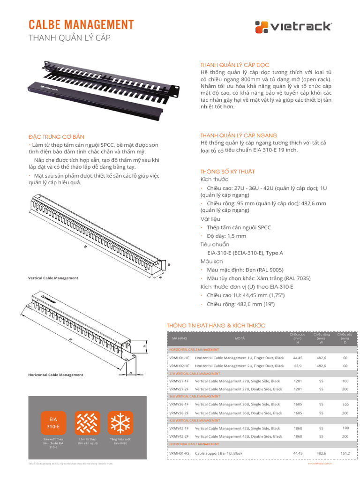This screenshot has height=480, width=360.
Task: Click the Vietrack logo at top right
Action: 293,26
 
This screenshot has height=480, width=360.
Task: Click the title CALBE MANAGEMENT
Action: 81,25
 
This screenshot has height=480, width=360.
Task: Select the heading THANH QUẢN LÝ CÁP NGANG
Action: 239,135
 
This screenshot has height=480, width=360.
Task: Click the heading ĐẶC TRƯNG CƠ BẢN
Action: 56,137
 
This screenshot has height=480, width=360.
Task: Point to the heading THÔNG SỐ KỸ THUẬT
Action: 227,172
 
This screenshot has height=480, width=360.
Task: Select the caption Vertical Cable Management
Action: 53,278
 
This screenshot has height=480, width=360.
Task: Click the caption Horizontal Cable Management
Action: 55,375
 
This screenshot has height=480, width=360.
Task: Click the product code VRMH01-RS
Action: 179,453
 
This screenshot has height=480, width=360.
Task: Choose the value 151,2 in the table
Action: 345,453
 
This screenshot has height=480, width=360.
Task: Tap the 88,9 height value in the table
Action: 298,366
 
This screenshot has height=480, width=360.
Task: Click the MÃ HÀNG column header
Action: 179,337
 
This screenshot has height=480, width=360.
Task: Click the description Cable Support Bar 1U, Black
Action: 218,453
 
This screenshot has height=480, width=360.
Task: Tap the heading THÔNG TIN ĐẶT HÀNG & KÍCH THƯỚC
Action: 216,325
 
